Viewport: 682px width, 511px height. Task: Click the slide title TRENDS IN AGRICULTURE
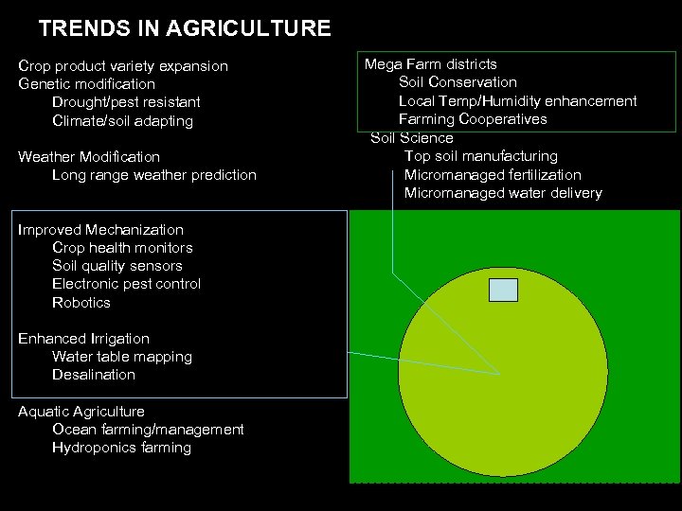[x=185, y=28]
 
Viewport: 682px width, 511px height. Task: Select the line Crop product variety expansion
[x=123, y=66]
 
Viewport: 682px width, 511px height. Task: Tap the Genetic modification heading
[x=86, y=84]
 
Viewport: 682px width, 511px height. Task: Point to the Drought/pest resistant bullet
[x=126, y=102]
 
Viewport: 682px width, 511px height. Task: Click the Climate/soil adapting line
[x=122, y=121]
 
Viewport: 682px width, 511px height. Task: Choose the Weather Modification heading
[x=89, y=157]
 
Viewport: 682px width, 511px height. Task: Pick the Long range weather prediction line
[x=153, y=175]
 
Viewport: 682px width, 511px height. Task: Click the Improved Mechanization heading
[x=100, y=230]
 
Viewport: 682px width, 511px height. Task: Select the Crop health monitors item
[x=122, y=248]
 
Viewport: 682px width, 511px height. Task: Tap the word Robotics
[x=81, y=303]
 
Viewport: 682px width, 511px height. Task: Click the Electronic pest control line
[x=126, y=284]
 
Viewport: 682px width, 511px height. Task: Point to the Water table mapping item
[x=122, y=357]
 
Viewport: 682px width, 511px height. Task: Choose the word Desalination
[x=94, y=375]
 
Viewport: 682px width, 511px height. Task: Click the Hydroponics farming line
[x=121, y=448]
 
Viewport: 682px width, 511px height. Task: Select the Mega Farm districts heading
[x=431, y=64]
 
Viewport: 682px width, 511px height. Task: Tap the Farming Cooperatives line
[x=473, y=119]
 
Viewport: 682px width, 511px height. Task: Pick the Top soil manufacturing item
[x=481, y=156]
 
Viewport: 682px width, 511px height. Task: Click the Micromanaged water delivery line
[x=503, y=193]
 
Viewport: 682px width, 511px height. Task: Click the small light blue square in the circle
[x=503, y=290]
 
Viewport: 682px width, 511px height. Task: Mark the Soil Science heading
[x=412, y=138]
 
